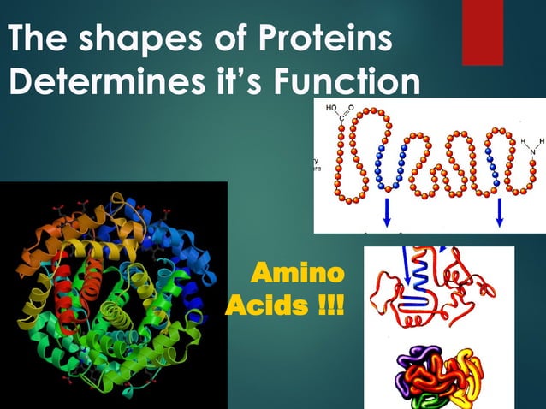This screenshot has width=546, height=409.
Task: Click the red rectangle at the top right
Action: point(482,33)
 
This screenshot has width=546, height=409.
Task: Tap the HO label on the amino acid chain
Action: point(332,109)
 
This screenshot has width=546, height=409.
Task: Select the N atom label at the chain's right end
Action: point(532,151)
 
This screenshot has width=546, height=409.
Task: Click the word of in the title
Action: point(211,39)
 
